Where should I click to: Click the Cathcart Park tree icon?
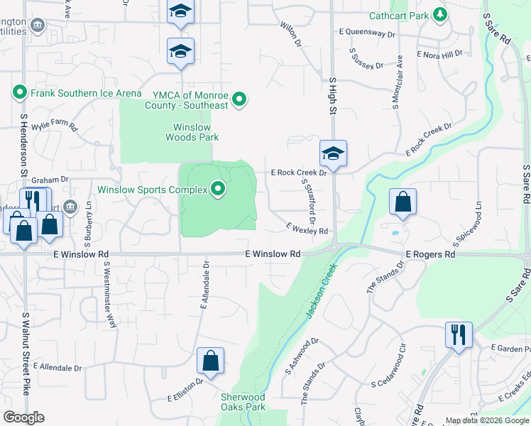click(440, 14)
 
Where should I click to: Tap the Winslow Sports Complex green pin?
click(219, 190)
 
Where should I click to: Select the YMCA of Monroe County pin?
click(240, 100)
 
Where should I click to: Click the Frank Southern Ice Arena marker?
click(19, 92)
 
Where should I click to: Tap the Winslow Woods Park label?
click(192, 132)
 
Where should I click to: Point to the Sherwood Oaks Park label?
click(243, 402)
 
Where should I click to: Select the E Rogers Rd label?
click(430, 254)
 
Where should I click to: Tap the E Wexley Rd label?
click(307, 229)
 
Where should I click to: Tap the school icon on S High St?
click(332, 153)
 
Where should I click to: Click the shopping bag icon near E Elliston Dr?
click(211, 361)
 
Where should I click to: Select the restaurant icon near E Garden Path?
click(459, 334)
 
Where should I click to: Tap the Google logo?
click(23, 417)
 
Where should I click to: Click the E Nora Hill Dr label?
click(439, 54)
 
